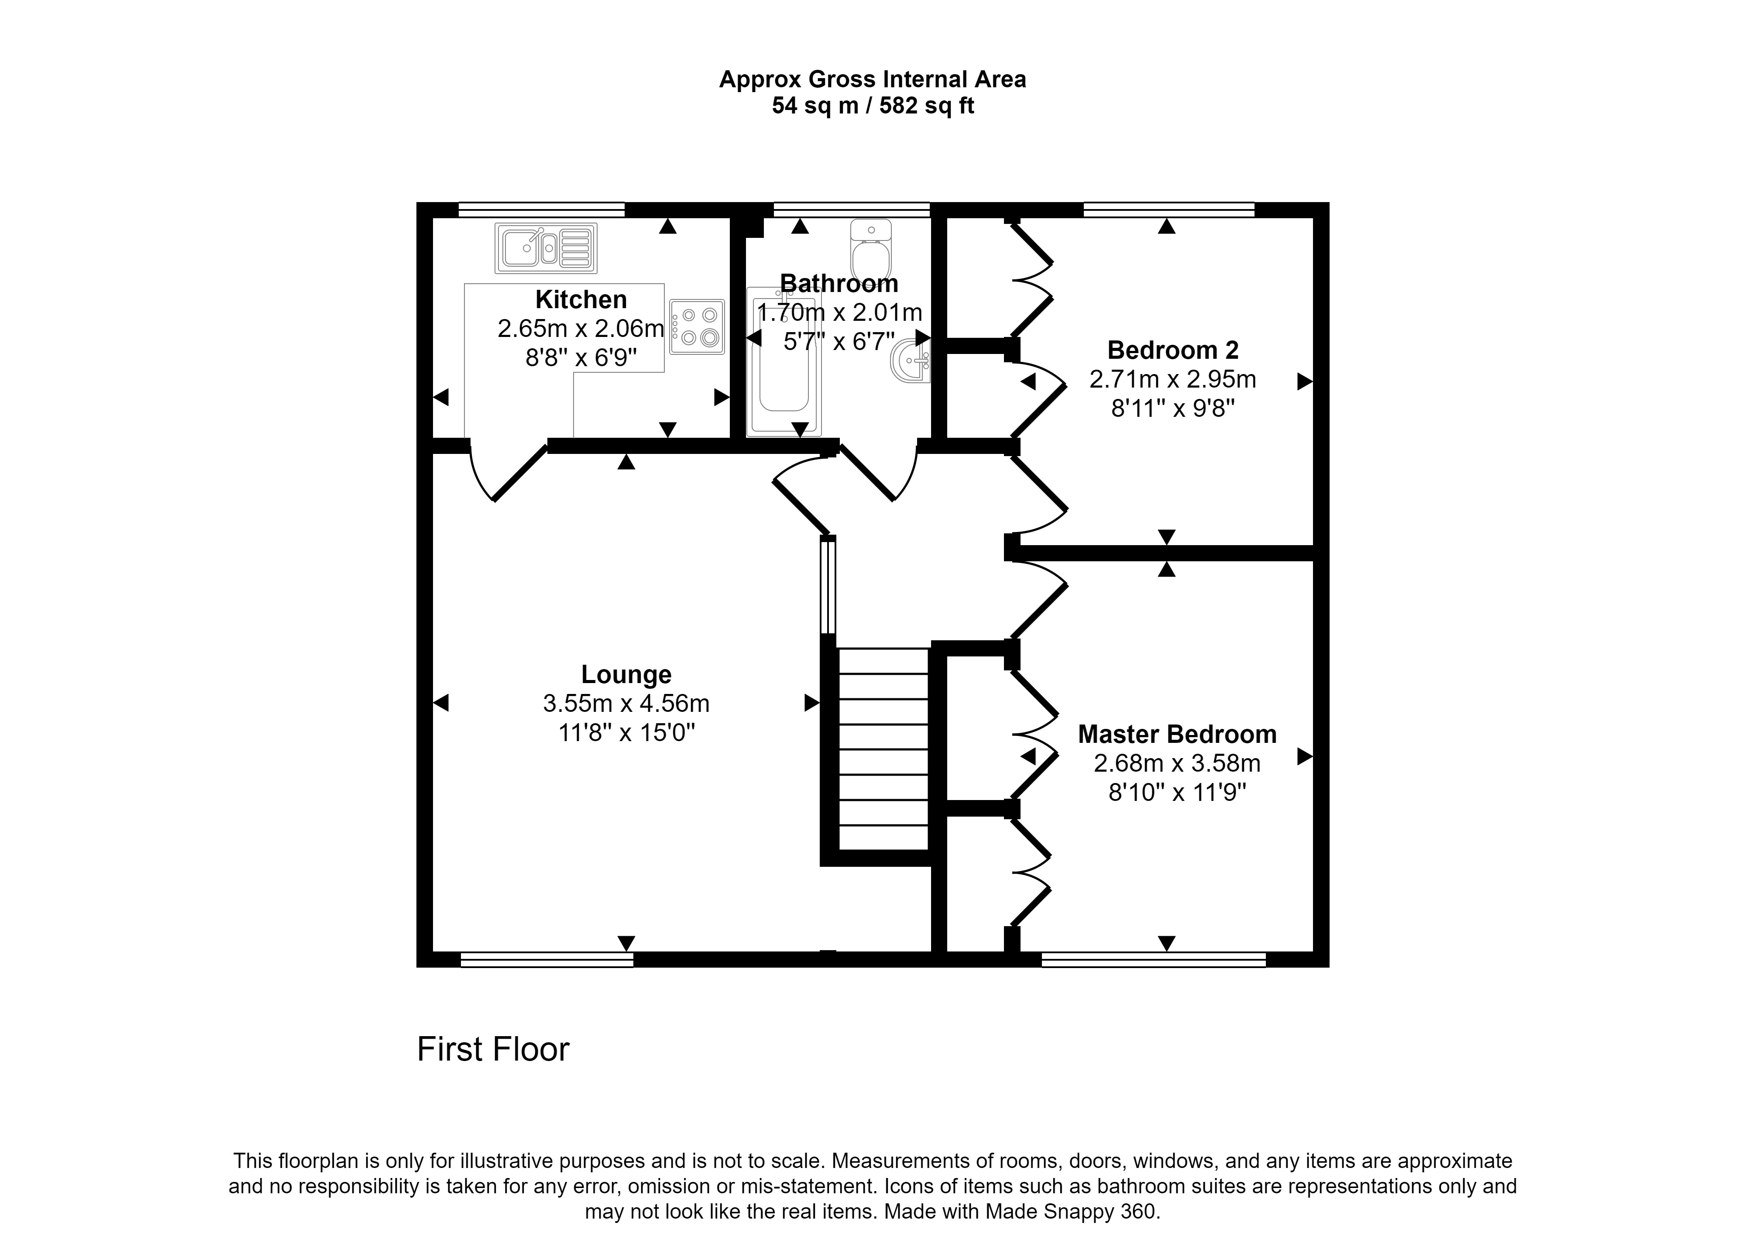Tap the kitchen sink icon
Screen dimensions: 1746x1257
(x=546, y=248)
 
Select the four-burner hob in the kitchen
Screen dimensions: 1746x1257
(x=697, y=326)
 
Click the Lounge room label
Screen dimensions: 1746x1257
(x=626, y=674)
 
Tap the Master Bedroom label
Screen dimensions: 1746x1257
(x=1177, y=734)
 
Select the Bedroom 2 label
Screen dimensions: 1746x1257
(x=1172, y=350)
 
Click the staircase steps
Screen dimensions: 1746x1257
(x=883, y=749)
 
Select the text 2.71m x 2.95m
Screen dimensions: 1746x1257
(x=1172, y=379)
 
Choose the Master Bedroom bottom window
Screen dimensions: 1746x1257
(x=1153, y=959)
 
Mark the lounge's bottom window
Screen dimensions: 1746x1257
(x=546, y=959)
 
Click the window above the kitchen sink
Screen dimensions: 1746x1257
(x=541, y=209)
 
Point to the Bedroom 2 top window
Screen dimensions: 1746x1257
(x=1169, y=209)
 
